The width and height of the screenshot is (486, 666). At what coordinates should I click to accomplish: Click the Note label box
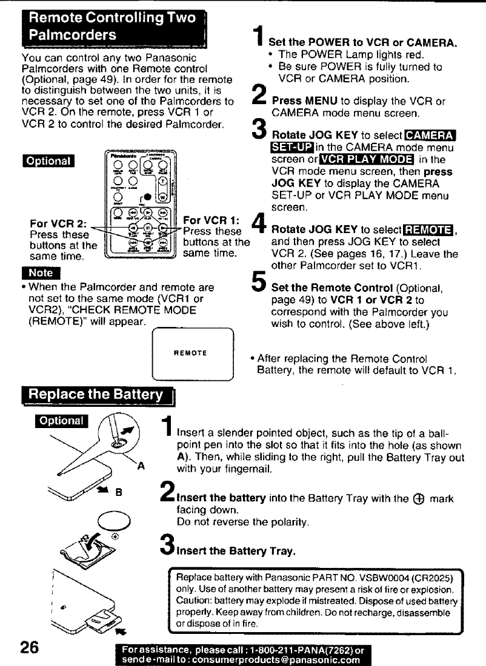tap(34, 271)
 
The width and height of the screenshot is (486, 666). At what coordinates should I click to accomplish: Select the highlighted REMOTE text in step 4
tap(430, 228)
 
